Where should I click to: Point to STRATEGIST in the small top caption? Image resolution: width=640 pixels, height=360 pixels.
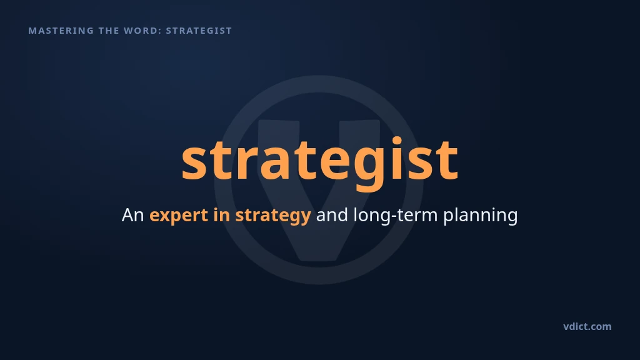click(199, 31)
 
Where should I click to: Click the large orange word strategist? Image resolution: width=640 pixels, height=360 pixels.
click(320, 162)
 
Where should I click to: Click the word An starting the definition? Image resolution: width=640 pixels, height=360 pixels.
click(132, 215)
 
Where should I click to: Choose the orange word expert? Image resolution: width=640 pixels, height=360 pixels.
click(179, 216)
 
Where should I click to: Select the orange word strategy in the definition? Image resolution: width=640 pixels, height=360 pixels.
click(273, 216)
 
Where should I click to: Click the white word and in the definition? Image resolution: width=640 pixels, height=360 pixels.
click(332, 215)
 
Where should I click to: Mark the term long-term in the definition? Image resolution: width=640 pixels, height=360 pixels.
click(396, 215)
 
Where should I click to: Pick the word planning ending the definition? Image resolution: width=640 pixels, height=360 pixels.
click(481, 216)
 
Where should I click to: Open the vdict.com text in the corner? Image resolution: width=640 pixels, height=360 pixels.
click(587, 326)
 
